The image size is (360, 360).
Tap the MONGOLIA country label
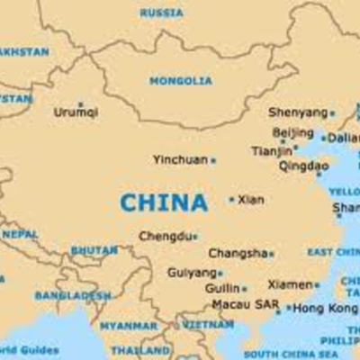181,81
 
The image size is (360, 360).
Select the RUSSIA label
161,13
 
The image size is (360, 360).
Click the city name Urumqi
76,112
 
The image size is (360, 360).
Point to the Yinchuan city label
180,159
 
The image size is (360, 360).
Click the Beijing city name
292,132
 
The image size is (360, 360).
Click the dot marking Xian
231,199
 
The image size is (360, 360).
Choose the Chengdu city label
166,236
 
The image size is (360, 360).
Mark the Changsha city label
238,254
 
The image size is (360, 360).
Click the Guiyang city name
191,272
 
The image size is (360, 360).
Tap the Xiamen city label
290,284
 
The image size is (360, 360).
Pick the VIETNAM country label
207,324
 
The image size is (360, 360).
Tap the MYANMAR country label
128,326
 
